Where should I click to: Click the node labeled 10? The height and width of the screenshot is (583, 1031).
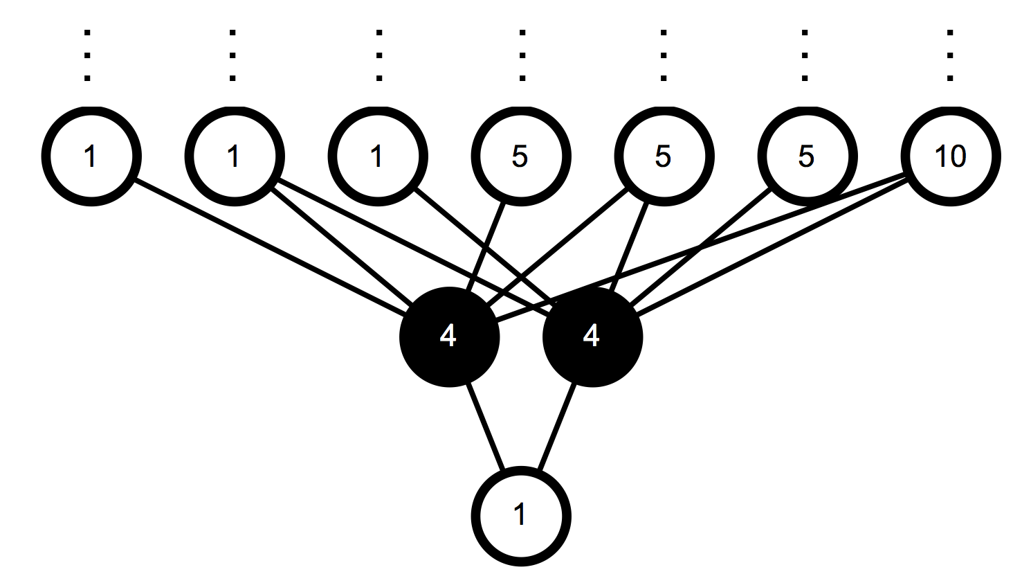(x=950, y=156)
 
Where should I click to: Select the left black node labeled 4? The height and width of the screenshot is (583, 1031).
(x=449, y=337)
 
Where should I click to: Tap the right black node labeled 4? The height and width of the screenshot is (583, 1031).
(x=592, y=337)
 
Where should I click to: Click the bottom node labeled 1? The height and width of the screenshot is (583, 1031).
(x=521, y=516)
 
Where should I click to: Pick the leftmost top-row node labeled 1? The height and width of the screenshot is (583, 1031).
(x=91, y=156)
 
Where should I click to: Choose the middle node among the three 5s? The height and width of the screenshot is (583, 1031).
(x=664, y=156)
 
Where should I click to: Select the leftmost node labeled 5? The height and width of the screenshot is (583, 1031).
(x=520, y=156)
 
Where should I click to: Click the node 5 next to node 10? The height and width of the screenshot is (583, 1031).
(x=807, y=156)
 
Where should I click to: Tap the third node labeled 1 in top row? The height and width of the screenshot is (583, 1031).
(x=377, y=156)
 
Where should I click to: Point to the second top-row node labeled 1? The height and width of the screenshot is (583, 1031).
(x=235, y=156)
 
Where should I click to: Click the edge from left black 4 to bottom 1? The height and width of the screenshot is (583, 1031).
(x=484, y=426)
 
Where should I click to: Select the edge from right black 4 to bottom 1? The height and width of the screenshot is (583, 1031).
(x=557, y=426)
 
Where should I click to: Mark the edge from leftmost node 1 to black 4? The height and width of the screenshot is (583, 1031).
(x=270, y=247)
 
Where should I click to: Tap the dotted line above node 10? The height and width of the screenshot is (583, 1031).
(x=950, y=55)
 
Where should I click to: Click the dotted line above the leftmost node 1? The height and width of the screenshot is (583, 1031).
(x=87, y=55)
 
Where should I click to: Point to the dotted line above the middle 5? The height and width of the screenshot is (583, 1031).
(x=664, y=55)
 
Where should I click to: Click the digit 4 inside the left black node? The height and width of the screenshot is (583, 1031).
(x=448, y=337)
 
